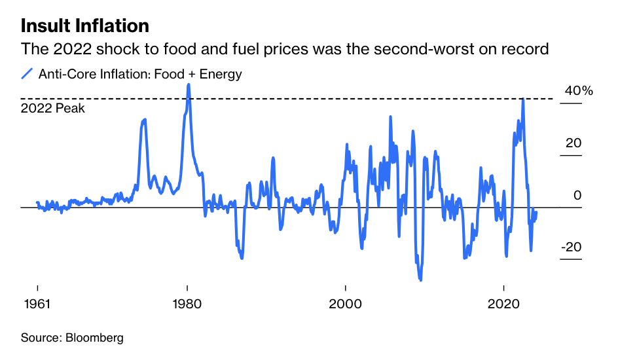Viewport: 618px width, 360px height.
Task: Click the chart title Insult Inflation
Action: tap(85, 26)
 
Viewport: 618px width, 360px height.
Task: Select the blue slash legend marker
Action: tap(27, 74)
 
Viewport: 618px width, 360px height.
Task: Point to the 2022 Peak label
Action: tap(53, 109)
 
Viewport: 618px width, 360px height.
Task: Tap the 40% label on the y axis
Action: tap(578, 91)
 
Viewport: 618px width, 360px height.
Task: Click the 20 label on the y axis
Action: tap(573, 143)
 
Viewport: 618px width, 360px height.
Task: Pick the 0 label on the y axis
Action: tap(577, 195)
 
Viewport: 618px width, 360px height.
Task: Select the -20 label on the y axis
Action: tap(570, 247)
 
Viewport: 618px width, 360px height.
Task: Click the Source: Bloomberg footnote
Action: tap(72, 338)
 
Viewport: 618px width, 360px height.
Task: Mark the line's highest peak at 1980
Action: tap(189, 84)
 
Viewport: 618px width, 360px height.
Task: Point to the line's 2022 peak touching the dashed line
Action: tap(522, 99)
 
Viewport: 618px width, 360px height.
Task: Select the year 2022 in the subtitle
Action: tap(63, 49)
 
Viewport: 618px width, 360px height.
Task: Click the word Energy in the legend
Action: tap(221, 74)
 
